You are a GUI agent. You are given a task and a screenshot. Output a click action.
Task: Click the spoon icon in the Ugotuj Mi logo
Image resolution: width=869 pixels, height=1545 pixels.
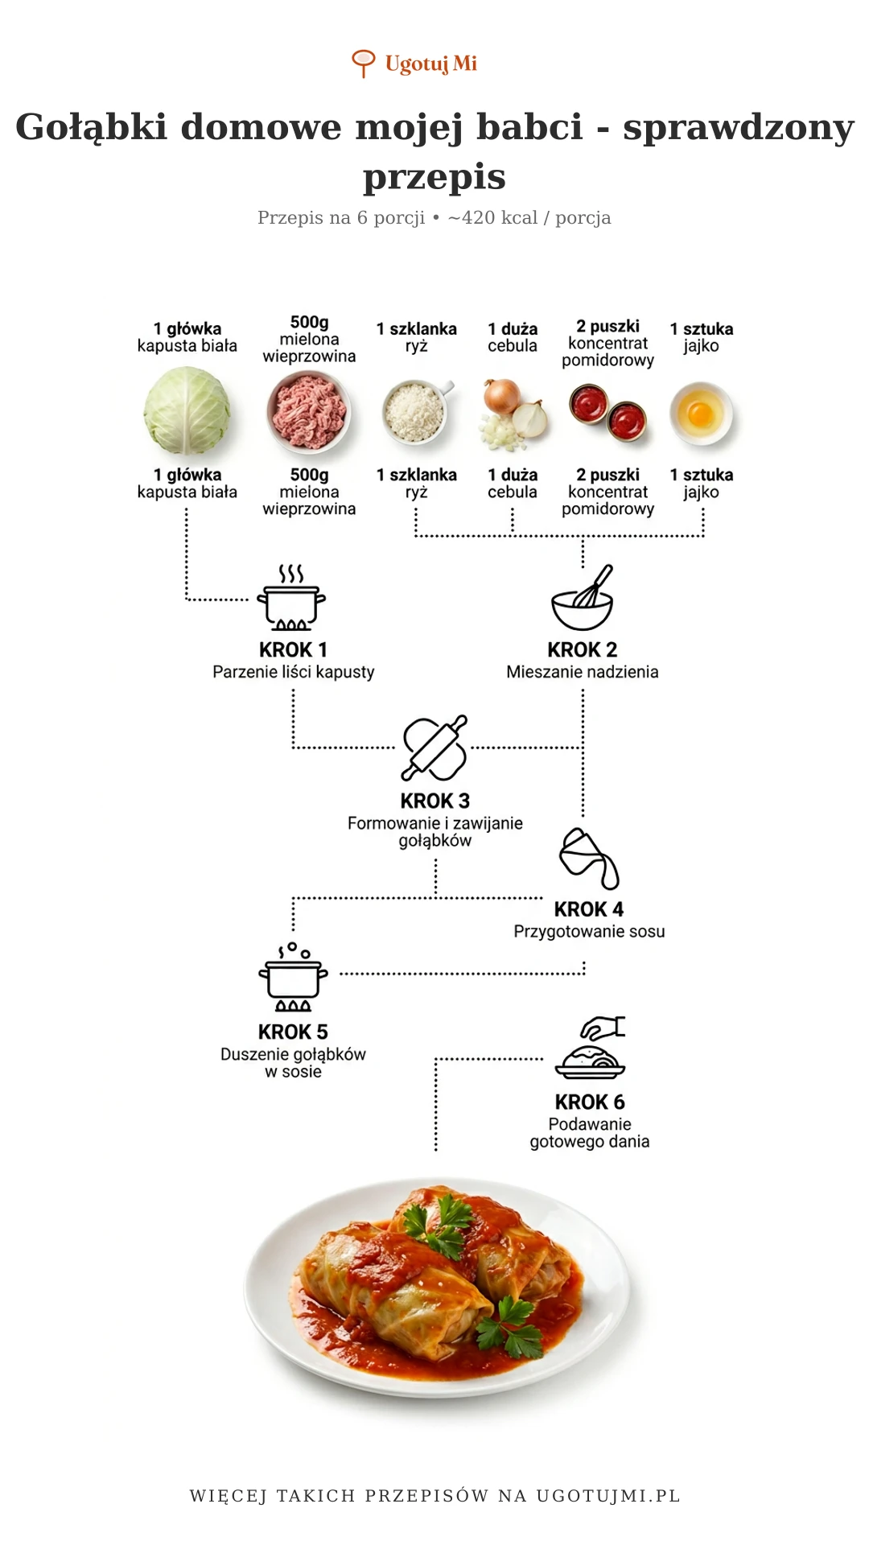[364, 62]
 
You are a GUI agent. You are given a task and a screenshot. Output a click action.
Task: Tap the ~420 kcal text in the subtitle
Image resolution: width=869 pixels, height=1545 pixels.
[492, 218]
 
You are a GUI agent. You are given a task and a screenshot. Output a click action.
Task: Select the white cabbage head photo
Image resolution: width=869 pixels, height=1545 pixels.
[187, 410]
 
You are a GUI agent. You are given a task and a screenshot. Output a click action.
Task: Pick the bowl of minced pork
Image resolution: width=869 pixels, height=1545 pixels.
[309, 411]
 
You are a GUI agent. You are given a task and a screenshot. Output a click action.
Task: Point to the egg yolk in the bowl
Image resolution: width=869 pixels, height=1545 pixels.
[701, 415]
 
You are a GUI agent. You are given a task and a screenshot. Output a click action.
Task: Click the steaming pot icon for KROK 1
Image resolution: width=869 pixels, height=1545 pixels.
[291, 599]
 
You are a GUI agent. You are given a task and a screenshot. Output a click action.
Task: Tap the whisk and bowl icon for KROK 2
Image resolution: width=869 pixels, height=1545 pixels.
[583, 599]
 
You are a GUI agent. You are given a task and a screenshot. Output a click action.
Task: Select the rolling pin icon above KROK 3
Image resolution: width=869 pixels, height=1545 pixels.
[434, 748]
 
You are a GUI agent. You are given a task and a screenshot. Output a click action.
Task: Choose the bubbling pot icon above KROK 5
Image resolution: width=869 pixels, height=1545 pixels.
[293, 978]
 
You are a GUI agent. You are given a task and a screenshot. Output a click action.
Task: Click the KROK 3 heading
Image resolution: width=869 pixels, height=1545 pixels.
[434, 801]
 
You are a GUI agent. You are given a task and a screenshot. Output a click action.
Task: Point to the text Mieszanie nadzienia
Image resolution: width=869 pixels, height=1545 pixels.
[583, 672]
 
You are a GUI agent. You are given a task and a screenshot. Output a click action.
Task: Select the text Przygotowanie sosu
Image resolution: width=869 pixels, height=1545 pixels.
[589, 932]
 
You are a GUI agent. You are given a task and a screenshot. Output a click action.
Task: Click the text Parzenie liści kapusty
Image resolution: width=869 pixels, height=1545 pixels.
[294, 672]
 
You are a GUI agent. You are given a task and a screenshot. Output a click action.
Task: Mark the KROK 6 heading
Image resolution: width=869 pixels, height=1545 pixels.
[590, 1102]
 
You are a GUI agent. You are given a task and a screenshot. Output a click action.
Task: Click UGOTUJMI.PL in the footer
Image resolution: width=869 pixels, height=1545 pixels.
[608, 1496]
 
